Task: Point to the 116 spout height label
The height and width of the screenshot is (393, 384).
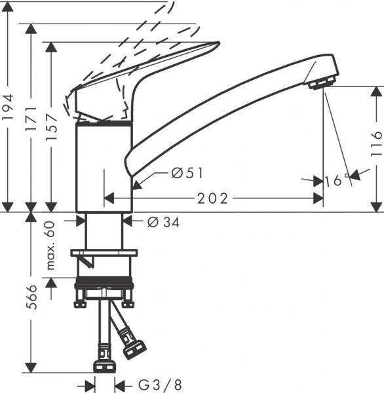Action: click(376, 144)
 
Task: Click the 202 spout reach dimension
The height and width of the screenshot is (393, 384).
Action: click(212, 198)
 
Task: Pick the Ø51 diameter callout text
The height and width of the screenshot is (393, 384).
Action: click(187, 173)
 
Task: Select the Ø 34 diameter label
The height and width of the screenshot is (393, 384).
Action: click(164, 222)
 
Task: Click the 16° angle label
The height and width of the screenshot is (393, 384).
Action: click(337, 180)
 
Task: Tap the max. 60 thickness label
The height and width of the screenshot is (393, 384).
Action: click(50, 245)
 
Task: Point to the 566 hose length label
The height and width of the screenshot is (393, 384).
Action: click(32, 297)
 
